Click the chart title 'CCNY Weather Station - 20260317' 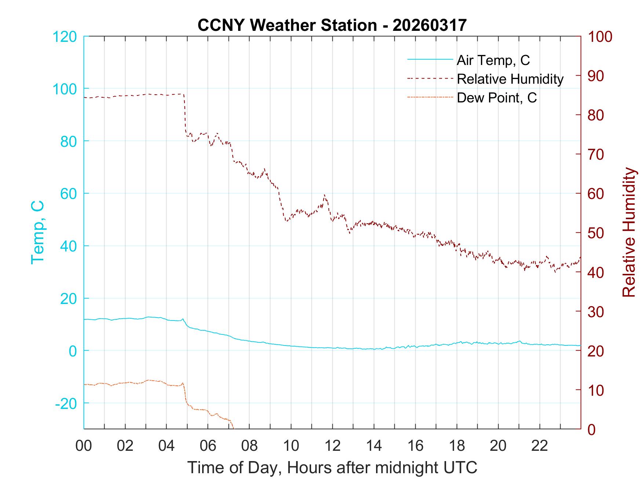(332, 25)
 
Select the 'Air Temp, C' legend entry (493, 60)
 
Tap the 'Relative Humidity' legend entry (510, 79)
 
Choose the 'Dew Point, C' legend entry (497, 98)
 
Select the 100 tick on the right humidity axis (600, 37)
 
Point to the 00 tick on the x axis (84, 446)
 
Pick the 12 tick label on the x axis (332, 446)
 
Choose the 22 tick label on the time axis (540, 446)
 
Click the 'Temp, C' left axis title (38, 232)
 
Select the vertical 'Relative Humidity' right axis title (629, 232)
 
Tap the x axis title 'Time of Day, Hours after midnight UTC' (332, 468)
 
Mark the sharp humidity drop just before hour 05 (185, 114)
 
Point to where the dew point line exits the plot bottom (233, 427)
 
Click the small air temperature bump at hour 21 (519, 341)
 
